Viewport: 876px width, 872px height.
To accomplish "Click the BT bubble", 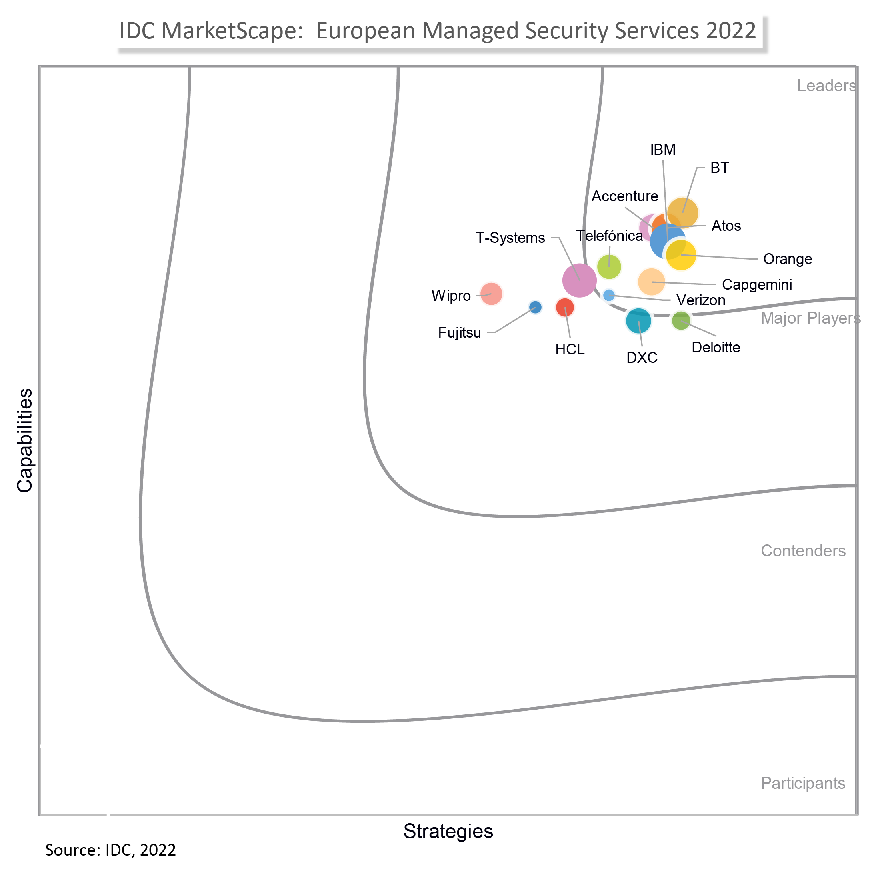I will pyautogui.click(x=682, y=213).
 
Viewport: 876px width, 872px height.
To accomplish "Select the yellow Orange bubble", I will pyautogui.click(x=681, y=255).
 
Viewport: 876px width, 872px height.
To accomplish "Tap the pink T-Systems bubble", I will pyautogui.click(x=580, y=280).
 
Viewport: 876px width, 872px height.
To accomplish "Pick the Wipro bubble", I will pyautogui.click(x=491, y=294).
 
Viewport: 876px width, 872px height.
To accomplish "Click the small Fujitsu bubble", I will pyautogui.click(x=535, y=307).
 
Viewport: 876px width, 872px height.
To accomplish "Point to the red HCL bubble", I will pyautogui.click(x=565, y=308).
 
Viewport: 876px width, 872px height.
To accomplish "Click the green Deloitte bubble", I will pyautogui.click(x=680, y=320).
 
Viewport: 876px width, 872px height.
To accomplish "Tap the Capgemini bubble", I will pyautogui.click(x=651, y=282).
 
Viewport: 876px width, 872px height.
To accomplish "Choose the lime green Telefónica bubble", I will pyautogui.click(x=609, y=267).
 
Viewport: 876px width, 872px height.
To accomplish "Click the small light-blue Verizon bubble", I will pyautogui.click(x=609, y=295).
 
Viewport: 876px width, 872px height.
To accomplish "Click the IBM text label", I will pyautogui.click(x=662, y=150).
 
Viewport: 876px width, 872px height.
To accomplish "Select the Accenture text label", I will pyautogui.click(x=625, y=196).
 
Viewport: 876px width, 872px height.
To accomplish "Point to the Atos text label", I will pyautogui.click(x=726, y=226).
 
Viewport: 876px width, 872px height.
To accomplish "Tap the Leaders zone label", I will pyautogui.click(x=826, y=86).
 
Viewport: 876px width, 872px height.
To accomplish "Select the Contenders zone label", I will pyautogui.click(x=803, y=550).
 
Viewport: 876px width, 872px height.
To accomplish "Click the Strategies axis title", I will pyautogui.click(x=448, y=831).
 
